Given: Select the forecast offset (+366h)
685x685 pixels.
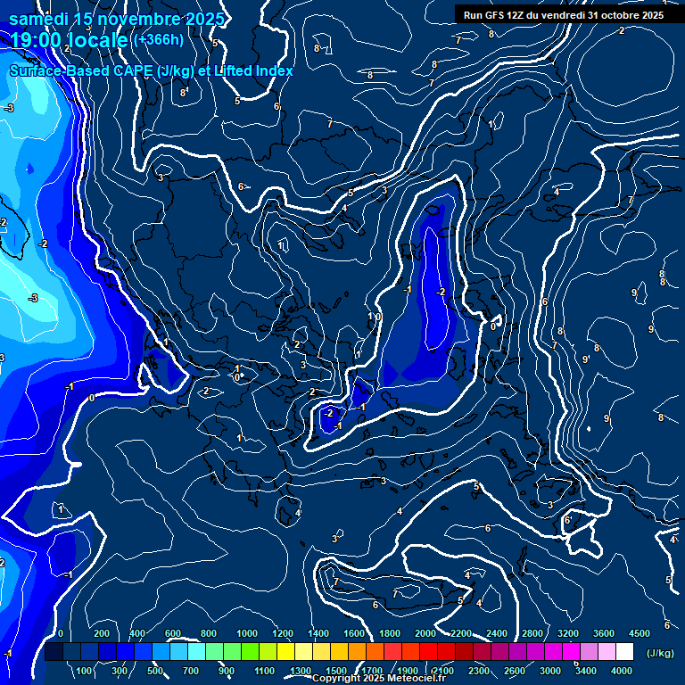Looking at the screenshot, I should [x=158, y=39].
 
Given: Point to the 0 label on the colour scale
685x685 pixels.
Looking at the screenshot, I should [x=60, y=633].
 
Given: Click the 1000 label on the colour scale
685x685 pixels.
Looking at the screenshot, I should [x=247, y=633].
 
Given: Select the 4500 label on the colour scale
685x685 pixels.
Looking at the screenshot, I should [x=639, y=633].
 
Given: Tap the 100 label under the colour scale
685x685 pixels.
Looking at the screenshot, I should [x=85, y=671].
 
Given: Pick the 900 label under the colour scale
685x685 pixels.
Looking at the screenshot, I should [x=226, y=671].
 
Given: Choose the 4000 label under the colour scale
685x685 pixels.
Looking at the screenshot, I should [x=622, y=671].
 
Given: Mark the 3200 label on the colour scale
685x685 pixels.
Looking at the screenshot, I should [x=568, y=633].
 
